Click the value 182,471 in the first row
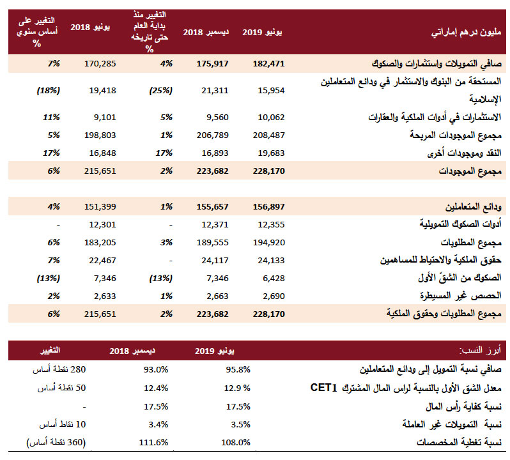click(268, 64)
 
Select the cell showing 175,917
click(212, 64)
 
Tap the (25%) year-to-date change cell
click(160, 90)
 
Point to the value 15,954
click(271, 90)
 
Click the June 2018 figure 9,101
click(105, 118)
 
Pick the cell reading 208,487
click(268, 135)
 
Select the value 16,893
click(215, 153)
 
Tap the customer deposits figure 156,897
click(268, 207)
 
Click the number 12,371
click(215, 225)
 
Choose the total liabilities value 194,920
click(268, 243)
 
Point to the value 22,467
click(102, 261)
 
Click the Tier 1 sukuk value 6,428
click(274, 279)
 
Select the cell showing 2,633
click(105, 296)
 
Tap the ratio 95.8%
click(238, 370)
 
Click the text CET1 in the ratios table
click(323, 388)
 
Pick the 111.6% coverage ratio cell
click(153, 443)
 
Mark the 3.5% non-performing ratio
click(241, 425)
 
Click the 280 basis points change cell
click(59, 370)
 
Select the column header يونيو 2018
click(90, 27)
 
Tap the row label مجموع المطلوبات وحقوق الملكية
click(444, 314)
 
